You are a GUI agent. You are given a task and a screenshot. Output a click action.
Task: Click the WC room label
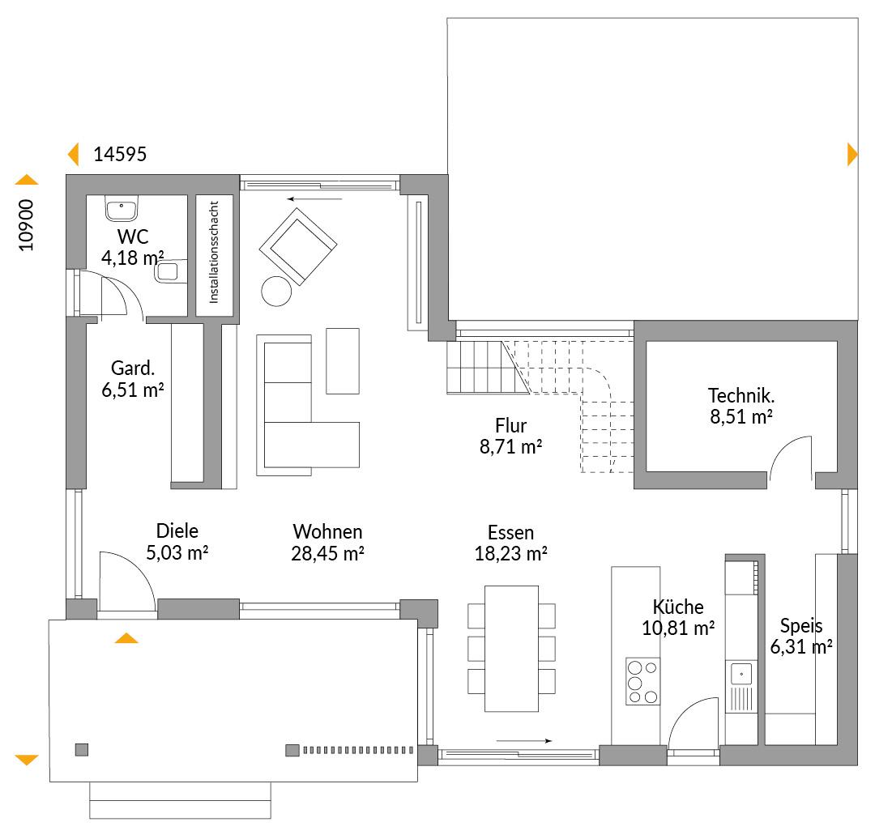133,236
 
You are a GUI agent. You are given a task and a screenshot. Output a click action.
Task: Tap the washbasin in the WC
121,208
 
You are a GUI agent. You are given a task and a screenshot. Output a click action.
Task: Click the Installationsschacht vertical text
214,252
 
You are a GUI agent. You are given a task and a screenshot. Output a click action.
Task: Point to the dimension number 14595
120,155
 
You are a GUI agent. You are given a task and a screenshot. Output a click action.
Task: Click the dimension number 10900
26,225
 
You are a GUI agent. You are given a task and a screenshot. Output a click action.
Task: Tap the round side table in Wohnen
276,292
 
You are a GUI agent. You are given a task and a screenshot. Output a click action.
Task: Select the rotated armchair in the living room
298,246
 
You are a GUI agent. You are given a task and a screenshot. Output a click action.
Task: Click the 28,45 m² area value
327,553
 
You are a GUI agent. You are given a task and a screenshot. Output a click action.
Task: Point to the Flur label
510,425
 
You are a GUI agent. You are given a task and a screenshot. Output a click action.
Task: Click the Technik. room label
741,395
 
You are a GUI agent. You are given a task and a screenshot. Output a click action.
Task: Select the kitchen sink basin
741,674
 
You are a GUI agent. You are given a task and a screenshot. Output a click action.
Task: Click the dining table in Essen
511,649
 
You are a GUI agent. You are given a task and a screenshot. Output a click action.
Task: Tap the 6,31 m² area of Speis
801,647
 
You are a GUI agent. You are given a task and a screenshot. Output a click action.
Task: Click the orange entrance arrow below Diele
126,639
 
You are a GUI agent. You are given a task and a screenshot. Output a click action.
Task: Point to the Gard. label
133,369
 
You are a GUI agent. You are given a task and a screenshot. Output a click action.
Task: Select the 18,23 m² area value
510,553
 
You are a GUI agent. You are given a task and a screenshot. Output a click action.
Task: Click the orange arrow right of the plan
852,155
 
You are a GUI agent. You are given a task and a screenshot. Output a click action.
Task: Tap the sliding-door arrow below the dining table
524,741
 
